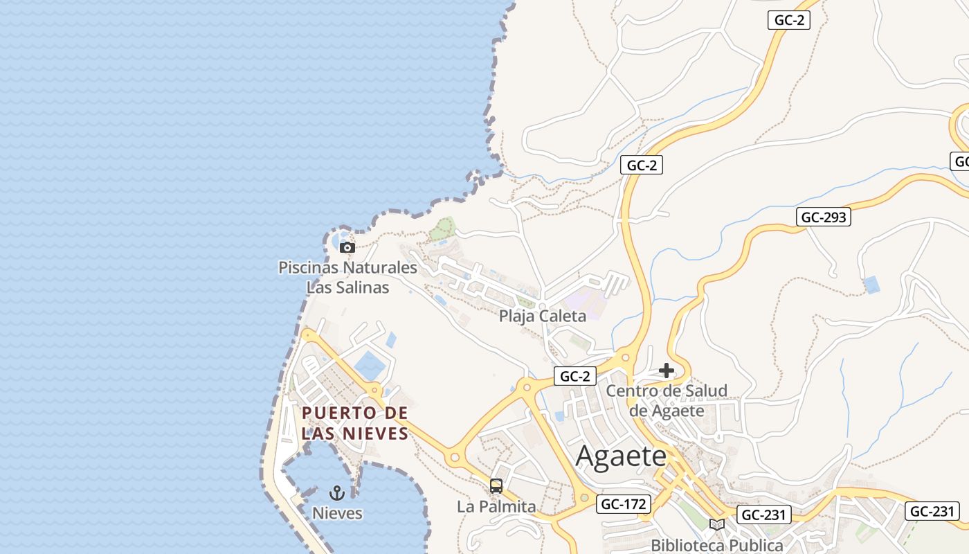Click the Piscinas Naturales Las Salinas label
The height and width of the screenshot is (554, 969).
point(347,277)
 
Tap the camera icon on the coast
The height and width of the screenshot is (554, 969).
point(347,247)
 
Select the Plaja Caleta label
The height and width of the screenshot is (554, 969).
point(543,316)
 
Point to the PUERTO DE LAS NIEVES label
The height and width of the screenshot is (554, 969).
point(355,423)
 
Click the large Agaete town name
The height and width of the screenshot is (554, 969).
point(621,456)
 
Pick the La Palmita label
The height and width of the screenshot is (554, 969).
point(496,506)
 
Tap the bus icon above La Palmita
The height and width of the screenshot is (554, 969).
point(496,486)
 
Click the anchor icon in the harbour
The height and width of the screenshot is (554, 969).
point(337,493)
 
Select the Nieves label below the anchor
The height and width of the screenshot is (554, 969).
point(337,513)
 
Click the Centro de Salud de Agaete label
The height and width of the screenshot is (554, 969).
point(667,400)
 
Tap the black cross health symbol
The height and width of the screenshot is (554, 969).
point(667,371)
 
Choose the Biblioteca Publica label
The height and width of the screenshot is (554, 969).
point(717,546)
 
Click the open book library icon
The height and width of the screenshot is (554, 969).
point(717,525)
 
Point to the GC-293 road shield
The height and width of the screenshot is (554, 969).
point(824,217)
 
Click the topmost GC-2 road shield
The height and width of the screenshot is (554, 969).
point(789,20)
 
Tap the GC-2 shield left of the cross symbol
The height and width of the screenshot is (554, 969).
point(575,376)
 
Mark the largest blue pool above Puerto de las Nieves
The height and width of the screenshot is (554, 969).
point(370,365)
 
